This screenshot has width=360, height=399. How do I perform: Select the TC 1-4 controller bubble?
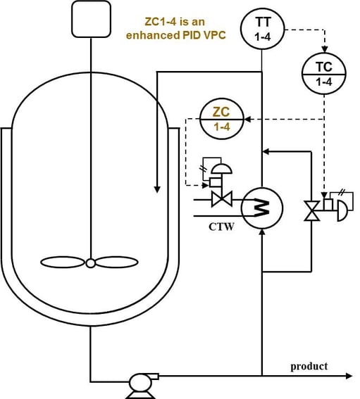coord(323,74)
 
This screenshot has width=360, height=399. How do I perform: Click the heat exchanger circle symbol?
coord(261,206)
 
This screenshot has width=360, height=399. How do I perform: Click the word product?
coord(309,366)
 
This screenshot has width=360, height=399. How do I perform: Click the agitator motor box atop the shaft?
coord(92,18)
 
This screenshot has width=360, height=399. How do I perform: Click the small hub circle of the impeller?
coord(91,263)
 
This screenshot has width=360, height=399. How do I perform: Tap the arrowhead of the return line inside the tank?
coord(156,189)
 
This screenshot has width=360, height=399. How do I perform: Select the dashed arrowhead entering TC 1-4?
coord(323,51)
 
